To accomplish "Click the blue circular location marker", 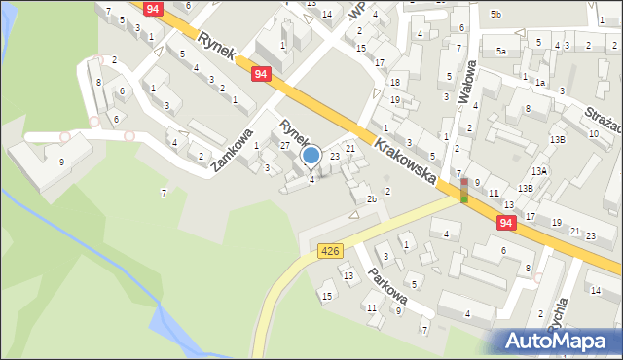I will point(311,155).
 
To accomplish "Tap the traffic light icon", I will point(463,190).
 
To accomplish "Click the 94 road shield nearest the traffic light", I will point(505,223).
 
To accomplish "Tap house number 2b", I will point(371,199).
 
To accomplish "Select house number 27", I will point(285,145).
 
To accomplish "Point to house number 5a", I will point(501,51).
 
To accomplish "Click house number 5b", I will point(495,14).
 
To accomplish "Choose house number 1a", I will point(539,84).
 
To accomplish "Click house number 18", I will point(395,83).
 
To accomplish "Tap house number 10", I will point(593,133).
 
